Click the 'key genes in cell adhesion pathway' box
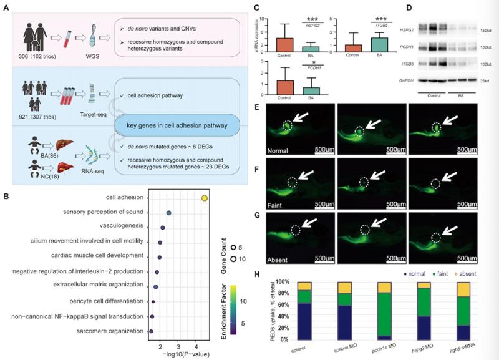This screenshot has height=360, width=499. (176, 124)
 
